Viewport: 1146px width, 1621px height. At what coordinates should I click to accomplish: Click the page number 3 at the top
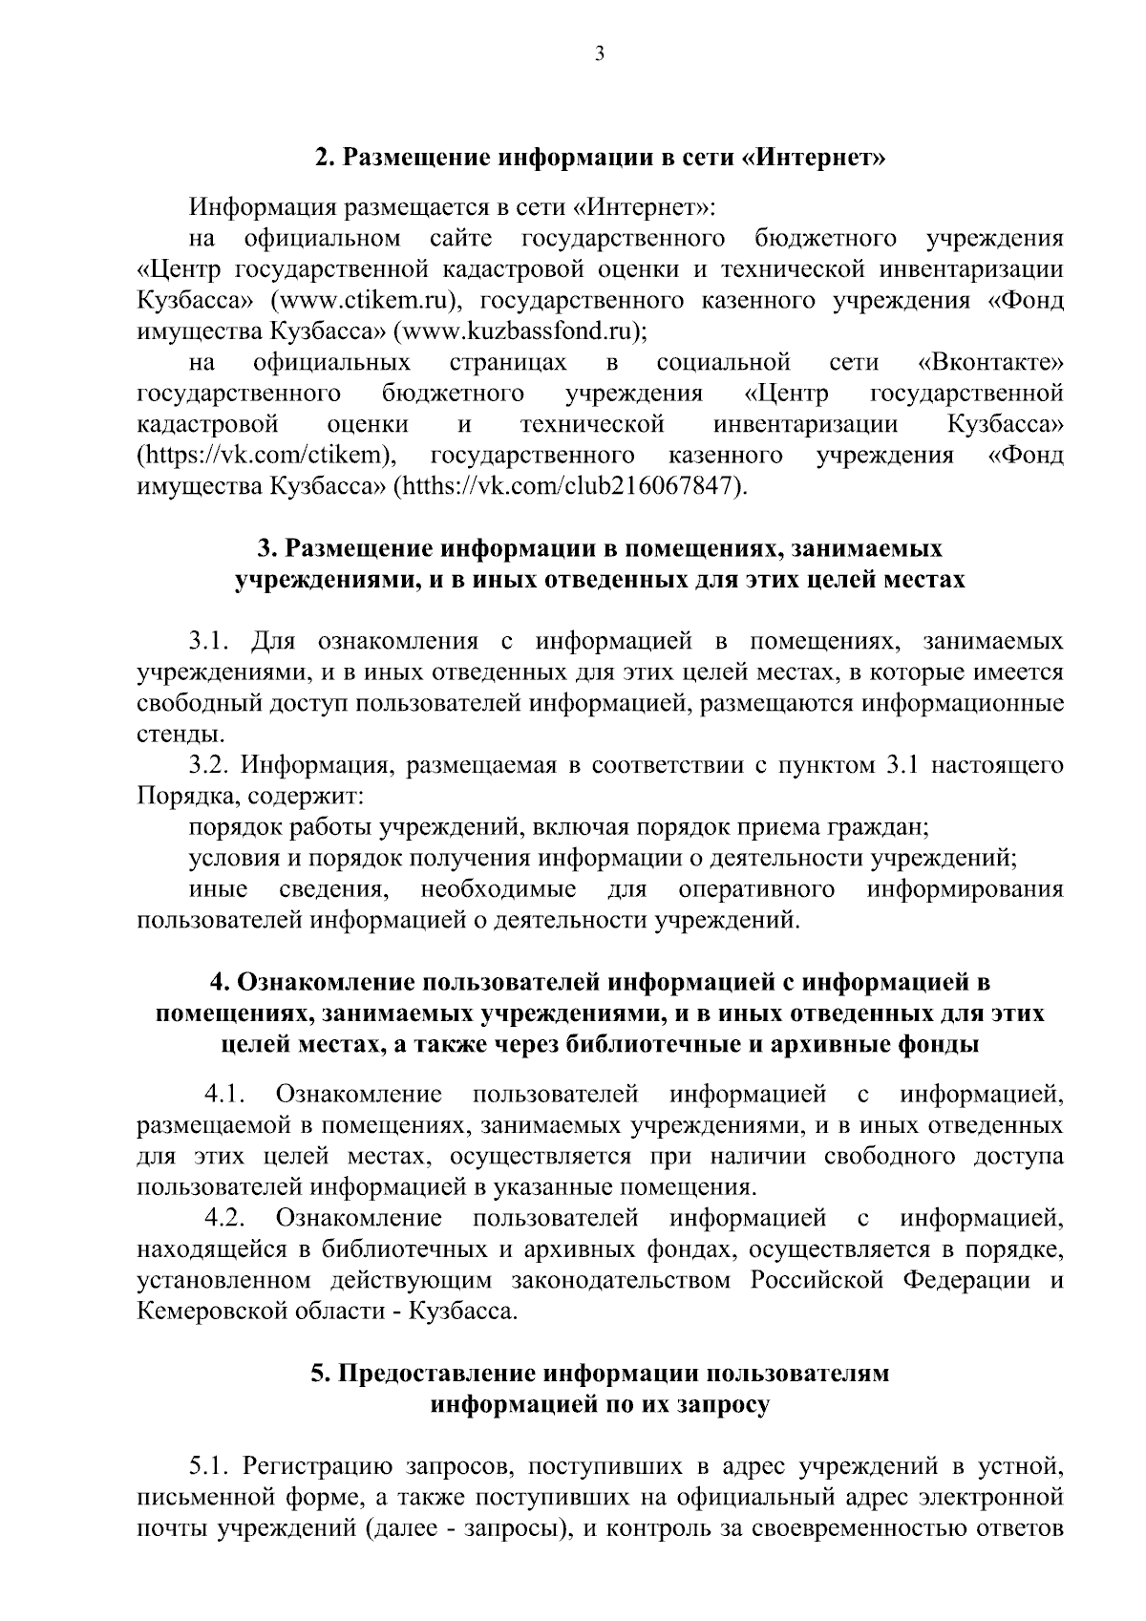coord(599,54)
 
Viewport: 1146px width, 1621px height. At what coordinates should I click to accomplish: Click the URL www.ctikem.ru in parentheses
coord(366,301)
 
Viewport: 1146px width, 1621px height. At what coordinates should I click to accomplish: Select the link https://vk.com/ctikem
coord(266,456)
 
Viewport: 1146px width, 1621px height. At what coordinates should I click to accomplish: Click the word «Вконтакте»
coord(989,363)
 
